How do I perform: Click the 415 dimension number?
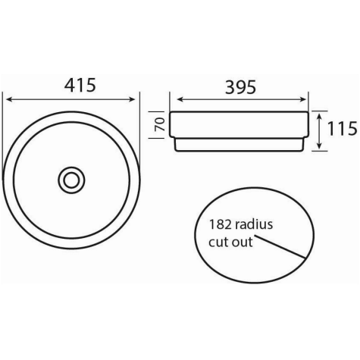coord(80,85)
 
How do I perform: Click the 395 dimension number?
coord(240,87)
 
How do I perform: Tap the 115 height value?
coord(343,128)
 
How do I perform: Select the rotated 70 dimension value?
coord(160,124)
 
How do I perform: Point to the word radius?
coord(254,224)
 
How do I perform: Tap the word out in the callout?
coord(243,242)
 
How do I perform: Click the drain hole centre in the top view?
coord(71,180)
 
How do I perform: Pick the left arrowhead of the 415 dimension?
coord(9,99)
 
